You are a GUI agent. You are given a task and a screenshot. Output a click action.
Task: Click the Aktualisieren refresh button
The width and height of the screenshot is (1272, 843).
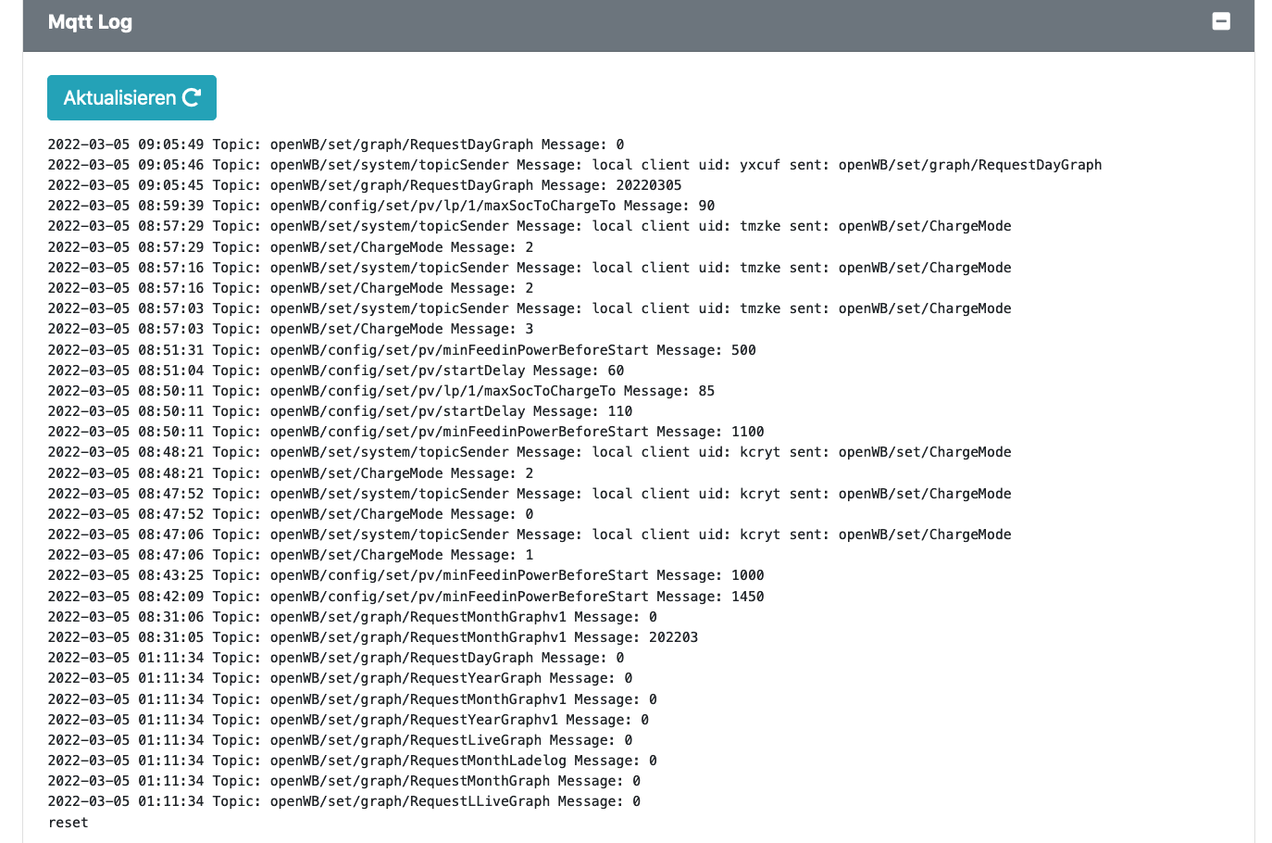(131, 97)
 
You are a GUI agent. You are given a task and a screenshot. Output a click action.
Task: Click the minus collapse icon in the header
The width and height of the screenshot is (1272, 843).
(1221, 21)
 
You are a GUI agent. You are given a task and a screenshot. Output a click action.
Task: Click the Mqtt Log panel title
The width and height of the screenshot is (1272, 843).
(90, 22)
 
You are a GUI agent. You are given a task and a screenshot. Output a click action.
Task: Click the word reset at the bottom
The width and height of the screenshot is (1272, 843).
(69, 823)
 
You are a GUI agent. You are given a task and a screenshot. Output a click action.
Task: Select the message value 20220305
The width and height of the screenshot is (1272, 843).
(648, 186)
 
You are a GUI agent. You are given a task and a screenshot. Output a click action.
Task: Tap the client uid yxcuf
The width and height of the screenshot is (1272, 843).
(760, 165)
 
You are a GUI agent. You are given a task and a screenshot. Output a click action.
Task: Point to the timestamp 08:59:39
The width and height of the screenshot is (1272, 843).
(170, 206)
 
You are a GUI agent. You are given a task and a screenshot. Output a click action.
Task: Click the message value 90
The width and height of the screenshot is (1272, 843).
(706, 206)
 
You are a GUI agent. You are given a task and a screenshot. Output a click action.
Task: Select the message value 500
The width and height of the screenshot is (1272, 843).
(743, 350)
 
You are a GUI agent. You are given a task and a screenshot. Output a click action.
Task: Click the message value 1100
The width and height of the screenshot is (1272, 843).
(747, 432)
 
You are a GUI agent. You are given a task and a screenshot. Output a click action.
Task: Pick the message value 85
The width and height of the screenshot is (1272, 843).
(706, 391)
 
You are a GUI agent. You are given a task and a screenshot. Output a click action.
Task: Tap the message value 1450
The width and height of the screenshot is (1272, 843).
(747, 597)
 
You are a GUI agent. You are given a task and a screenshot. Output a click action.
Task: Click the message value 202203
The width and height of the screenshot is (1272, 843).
(673, 637)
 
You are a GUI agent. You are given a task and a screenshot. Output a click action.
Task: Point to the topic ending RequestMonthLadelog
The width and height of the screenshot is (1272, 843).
(418, 761)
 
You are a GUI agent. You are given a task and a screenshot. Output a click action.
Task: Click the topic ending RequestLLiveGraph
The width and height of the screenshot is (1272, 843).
(410, 801)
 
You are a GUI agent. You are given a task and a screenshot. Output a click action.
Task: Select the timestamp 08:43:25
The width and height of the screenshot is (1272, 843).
(170, 575)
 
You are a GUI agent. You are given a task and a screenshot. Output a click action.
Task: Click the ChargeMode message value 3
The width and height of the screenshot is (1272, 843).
(530, 329)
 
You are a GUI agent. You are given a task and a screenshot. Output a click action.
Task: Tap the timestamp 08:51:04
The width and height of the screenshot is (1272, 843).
(170, 371)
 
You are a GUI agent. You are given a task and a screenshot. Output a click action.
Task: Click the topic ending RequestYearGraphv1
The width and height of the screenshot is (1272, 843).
(414, 720)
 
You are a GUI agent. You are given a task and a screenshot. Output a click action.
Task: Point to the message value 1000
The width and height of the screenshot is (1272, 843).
(747, 575)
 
